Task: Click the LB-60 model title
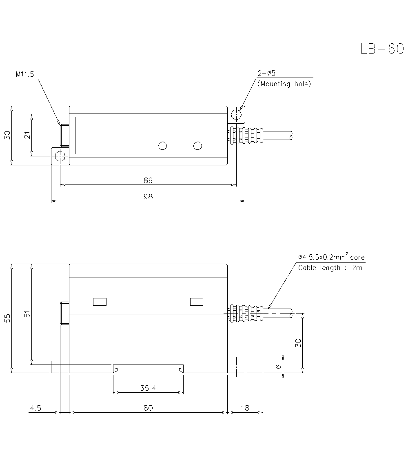coord(382,49)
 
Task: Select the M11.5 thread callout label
coord(25,75)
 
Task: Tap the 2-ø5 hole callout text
coord(266,73)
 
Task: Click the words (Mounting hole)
coord(284,84)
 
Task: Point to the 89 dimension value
coord(148,180)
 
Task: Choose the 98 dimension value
coord(148,196)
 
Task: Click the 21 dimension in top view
coord(27,135)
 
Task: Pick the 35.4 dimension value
coord(148,388)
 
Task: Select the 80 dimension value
coord(148,408)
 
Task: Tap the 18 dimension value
coord(245,408)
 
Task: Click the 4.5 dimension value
coord(35,408)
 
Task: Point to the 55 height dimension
coord(8,318)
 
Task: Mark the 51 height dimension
coord(27,314)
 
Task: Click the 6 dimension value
coord(279,367)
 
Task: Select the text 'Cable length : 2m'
coord(330,268)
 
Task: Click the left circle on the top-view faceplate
coord(162,146)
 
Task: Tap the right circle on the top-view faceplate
coord(198,146)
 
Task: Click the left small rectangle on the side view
coord(100,302)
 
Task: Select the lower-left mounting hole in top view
coord(60,157)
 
